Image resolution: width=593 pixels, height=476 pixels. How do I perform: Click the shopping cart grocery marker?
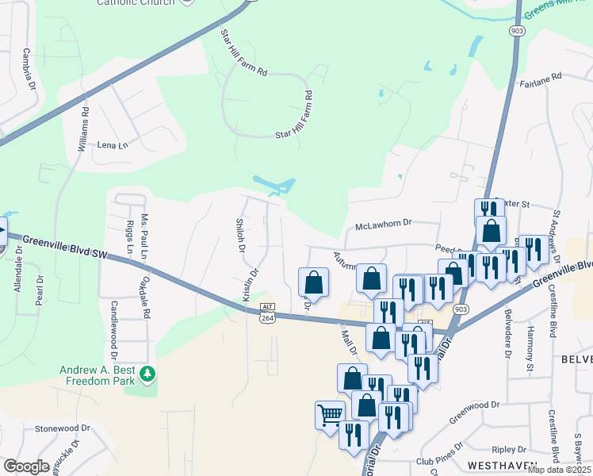pyautogui.click(x=330, y=413)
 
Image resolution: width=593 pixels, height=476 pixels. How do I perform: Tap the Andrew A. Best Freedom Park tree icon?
pyautogui.click(x=146, y=372)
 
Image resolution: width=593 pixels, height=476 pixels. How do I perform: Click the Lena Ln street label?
pyautogui.click(x=112, y=145)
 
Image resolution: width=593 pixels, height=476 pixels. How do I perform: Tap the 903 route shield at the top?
pyautogui.click(x=517, y=29)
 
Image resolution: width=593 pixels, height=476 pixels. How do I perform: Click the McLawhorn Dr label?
pyautogui.click(x=384, y=223)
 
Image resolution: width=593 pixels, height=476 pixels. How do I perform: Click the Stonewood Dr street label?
pyautogui.click(x=58, y=428)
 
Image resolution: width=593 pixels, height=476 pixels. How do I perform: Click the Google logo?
pyautogui.click(x=26, y=466)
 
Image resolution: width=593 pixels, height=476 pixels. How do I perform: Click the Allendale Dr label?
pyautogui.click(x=17, y=274)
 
